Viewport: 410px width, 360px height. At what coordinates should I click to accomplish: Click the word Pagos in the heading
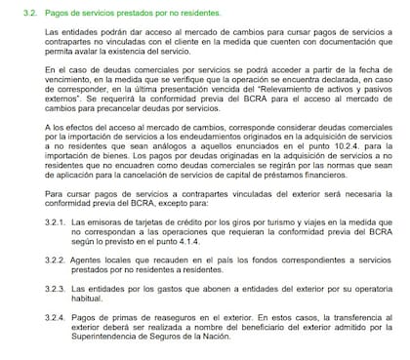click(x=65, y=12)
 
